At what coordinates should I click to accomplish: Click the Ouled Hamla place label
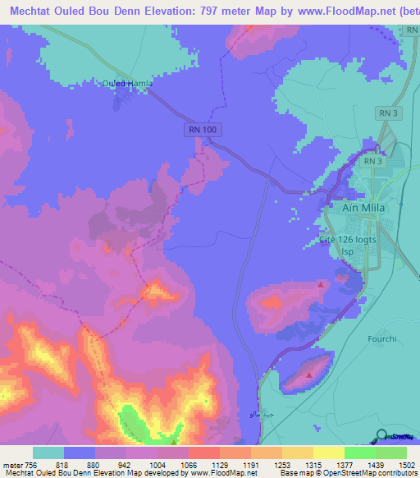tap(127, 83)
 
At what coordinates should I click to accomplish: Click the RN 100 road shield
tap(196, 131)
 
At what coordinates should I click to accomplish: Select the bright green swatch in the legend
tap(359, 453)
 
